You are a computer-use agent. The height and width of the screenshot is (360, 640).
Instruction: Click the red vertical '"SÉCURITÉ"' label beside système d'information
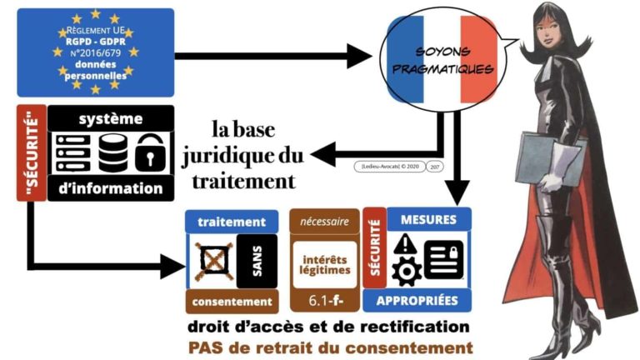(30, 152)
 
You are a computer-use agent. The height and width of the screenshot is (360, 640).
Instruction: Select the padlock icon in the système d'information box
(150, 152)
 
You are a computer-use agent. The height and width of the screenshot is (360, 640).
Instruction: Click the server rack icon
(73, 152)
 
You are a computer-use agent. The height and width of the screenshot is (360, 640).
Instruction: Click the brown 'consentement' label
(231, 301)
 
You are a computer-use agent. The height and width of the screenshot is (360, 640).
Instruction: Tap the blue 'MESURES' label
(428, 220)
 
